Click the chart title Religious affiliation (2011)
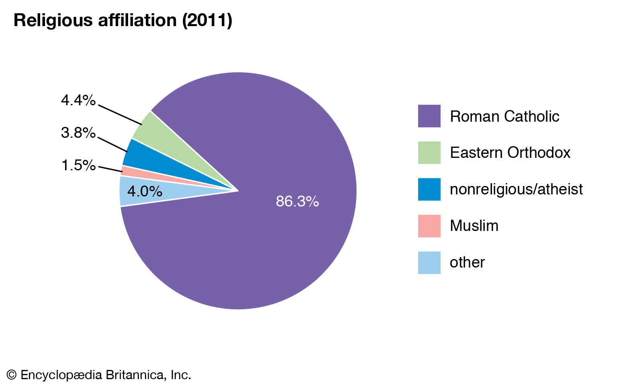click(123, 20)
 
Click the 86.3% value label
click(297, 201)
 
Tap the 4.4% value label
click(78, 100)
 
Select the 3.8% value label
click(78, 133)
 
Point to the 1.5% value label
click(78, 165)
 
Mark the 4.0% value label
click(145, 191)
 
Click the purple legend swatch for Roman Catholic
click(429, 116)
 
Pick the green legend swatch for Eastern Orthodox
click(429, 153)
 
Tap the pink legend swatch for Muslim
click(429, 226)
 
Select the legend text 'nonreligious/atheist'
click(516, 189)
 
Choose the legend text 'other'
click(467, 262)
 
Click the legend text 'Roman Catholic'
click(504, 116)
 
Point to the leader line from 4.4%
click(120, 115)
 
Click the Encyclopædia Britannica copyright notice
click(99, 375)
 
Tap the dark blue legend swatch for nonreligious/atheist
click(429, 189)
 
